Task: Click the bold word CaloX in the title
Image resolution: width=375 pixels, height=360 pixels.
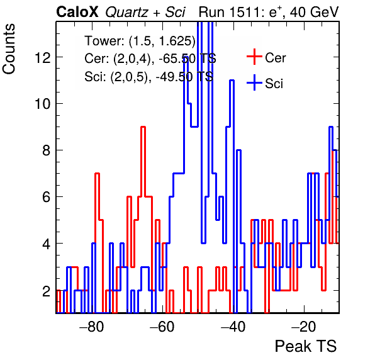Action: click(77, 12)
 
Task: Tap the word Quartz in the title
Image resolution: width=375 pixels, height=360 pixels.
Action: click(127, 12)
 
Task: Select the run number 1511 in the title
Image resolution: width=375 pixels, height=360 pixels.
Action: click(248, 12)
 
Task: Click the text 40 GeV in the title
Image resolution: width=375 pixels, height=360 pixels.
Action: click(314, 12)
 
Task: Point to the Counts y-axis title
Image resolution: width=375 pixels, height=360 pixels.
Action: click(9, 49)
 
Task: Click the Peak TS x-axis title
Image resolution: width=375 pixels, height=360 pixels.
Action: click(306, 346)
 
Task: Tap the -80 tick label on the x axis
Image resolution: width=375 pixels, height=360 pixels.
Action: click(92, 326)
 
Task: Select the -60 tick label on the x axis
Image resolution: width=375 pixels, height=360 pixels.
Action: click(162, 326)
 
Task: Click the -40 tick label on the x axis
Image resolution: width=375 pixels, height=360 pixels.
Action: click(233, 326)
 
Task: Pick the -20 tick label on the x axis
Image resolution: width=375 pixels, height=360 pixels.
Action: click(304, 326)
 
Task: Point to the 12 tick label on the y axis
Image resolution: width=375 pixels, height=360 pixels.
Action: click(43, 57)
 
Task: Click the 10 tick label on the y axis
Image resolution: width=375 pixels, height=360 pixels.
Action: click(43, 104)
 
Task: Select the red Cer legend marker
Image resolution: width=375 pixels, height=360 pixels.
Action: click(254, 57)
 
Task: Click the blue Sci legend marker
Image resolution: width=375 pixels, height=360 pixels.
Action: click(254, 82)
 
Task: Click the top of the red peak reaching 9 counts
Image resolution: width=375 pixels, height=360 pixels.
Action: click(143, 127)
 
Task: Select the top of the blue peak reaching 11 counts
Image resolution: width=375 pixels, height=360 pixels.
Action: click(232, 81)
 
